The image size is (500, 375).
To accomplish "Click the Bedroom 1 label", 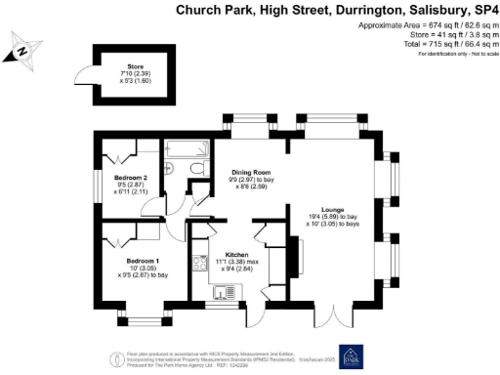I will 144,262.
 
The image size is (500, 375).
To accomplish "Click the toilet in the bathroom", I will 197,171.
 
